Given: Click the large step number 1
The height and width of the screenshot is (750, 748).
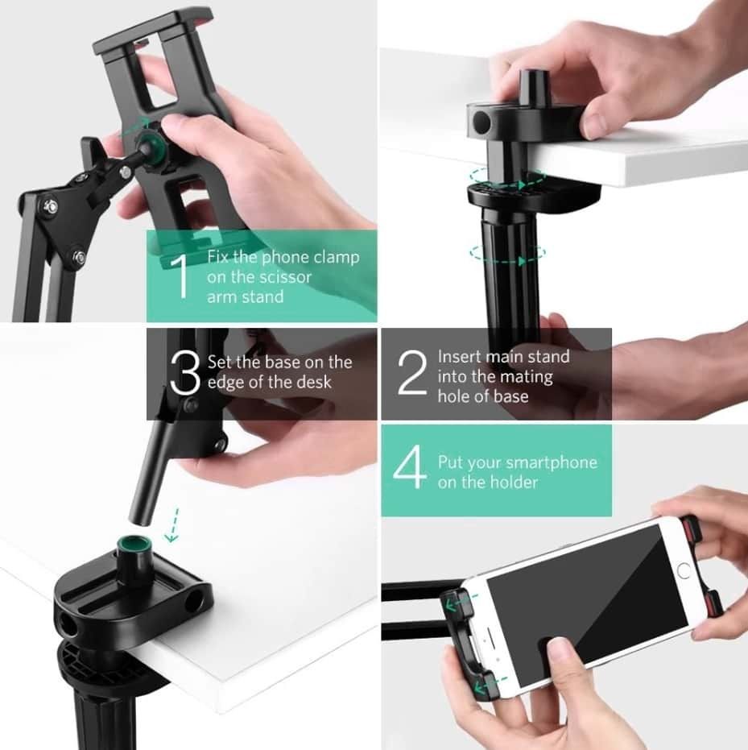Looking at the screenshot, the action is [x=181, y=277].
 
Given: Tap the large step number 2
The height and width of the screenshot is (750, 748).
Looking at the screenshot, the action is [x=412, y=373].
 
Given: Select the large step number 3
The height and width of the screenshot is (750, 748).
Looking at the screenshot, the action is [x=185, y=373].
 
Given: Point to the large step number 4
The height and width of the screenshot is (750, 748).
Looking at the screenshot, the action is [x=410, y=467].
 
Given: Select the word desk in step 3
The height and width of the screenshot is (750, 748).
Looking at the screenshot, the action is [x=312, y=382].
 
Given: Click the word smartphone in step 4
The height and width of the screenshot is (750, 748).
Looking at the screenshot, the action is [x=551, y=463].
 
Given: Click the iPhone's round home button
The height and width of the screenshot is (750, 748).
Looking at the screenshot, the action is [x=684, y=570].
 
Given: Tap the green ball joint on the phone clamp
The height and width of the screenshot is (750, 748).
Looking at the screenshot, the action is [x=149, y=144].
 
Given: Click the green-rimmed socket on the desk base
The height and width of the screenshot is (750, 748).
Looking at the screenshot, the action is [x=134, y=545].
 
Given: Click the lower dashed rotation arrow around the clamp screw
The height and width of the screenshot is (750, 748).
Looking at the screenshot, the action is [x=507, y=254].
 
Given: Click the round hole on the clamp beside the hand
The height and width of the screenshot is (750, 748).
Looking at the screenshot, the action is [x=481, y=122].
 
